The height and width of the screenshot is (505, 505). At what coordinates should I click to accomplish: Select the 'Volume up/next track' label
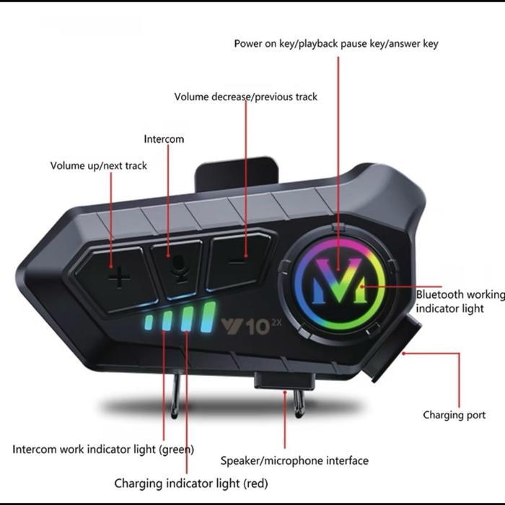pos(98,166)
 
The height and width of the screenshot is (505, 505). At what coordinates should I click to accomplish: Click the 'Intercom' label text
pos(164,139)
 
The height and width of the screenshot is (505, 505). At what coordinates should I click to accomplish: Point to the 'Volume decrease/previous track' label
pos(245,97)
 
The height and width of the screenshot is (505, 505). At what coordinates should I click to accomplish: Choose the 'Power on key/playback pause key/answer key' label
pos(335,44)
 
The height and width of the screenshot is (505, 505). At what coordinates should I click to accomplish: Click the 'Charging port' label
pos(454,416)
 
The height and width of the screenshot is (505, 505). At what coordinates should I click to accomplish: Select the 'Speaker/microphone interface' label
pos(294,460)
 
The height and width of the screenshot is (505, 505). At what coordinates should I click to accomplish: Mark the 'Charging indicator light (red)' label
pos(190,483)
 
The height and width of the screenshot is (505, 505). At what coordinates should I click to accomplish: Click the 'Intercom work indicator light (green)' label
pos(102,449)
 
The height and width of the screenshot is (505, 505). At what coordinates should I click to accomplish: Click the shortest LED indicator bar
pos(149,322)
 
